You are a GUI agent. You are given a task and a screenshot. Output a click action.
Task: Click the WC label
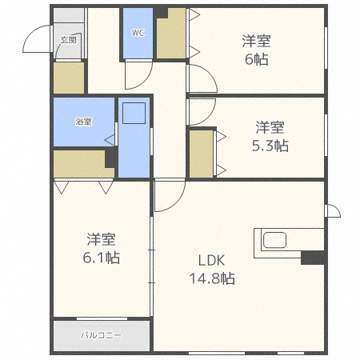coord(137,34)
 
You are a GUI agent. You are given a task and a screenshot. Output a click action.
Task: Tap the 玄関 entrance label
coord(68,39)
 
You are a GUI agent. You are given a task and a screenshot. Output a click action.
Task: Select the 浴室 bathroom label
coord(83,122)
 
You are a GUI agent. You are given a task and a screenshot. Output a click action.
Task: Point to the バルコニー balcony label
coord(101,336)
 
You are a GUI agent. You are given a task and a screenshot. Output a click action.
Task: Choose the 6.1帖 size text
coord(102,258)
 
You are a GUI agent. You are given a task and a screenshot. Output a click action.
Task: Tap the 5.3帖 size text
coord(270,146)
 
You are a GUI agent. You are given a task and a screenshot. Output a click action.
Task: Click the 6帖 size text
coord(256,59)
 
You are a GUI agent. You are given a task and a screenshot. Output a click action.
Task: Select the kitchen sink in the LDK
coord(274,241)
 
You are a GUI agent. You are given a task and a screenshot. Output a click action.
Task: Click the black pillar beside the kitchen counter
coord(312,258)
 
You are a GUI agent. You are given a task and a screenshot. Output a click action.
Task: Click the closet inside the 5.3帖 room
coord(202,153)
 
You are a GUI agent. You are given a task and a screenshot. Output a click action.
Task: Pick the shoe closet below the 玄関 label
coord(69,78)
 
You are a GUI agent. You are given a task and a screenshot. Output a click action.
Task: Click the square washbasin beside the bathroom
coord(132,114)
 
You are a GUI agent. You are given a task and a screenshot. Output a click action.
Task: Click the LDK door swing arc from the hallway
coord(168,197)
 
